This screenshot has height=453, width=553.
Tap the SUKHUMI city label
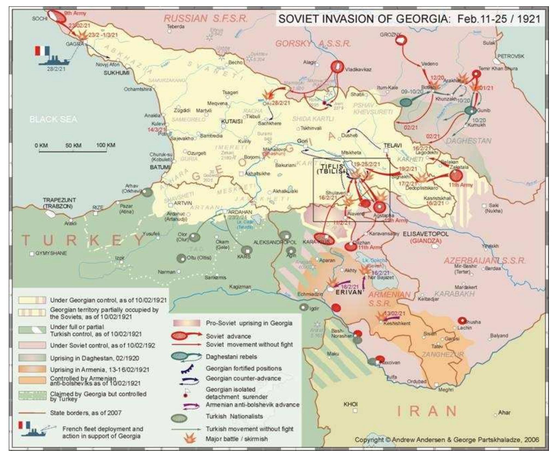tap(117, 73)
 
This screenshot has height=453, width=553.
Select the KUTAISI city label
tap(232, 121)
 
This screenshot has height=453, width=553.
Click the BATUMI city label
tap(160, 167)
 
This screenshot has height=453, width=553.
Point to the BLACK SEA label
tap(53, 119)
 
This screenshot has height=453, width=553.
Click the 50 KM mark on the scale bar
tap(73, 145)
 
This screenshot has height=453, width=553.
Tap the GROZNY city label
tap(390, 35)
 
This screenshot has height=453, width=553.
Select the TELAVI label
tap(393, 145)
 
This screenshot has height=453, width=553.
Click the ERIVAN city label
tap(349, 292)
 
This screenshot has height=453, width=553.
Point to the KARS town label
tap(244, 256)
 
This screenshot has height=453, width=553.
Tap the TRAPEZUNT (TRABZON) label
tap(59, 203)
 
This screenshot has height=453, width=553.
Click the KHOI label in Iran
tap(350, 404)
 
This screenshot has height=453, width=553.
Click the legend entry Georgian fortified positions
tap(243, 368)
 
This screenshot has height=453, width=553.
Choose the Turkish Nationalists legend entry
tap(234, 416)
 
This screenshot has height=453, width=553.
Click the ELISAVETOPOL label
tap(425, 234)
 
